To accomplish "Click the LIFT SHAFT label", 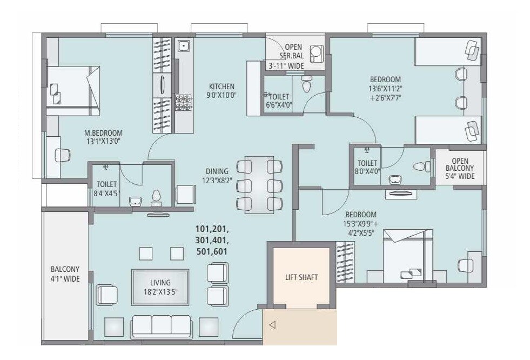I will tap(301, 277).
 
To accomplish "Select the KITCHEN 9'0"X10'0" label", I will tap(222, 90).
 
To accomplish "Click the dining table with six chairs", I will tap(259, 184).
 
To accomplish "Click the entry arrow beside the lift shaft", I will tap(272, 325).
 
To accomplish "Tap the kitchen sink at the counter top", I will tap(184, 46).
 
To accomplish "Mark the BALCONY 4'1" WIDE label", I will tap(65, 274).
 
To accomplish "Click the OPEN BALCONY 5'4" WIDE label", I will tap(459, 168).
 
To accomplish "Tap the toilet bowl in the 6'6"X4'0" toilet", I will tap(307, 85).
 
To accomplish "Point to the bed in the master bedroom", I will tap(72, 90).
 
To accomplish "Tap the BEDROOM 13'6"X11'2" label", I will tap(385, 89).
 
